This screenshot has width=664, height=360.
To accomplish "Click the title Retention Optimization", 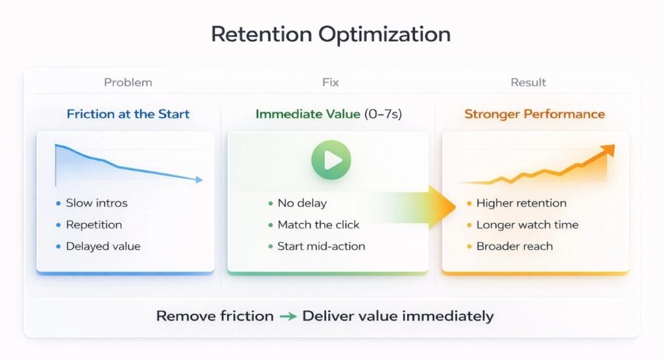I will click(x=331, y=35).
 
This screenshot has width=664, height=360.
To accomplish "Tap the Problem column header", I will click(x=128, y=82).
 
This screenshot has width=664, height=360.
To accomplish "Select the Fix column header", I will click(x=330, y=82).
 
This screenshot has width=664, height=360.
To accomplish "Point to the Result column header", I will click(x=528, y=82).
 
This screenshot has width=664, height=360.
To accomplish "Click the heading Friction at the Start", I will click(x=128, y=114).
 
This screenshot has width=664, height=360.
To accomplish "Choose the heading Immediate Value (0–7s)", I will click(x=329, y=114).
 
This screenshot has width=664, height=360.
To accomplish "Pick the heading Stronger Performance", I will click(x=534, y=114).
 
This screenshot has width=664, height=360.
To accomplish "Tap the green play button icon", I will click(x=331, y=160).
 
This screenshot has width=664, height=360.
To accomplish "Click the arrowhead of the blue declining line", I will click(x=199, y=180).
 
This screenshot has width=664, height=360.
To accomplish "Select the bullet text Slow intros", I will click(x=97, y=203).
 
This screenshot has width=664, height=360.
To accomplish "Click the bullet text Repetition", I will click(x=93, y=225).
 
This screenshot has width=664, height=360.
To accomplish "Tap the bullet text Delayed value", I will click(x=102, y=246).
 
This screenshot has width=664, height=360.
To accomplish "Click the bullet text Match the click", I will click(x=318, y=225).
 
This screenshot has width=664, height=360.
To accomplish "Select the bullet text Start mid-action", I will click(x=321, y=246).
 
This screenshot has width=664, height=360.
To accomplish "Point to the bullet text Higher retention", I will click(x=521, y=203).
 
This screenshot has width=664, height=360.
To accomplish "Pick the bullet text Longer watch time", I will click(x=527, y=225).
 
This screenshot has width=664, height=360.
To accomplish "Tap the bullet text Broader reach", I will click(x=514, y=246).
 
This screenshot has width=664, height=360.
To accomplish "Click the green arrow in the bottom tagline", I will click(x=288, y=317).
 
